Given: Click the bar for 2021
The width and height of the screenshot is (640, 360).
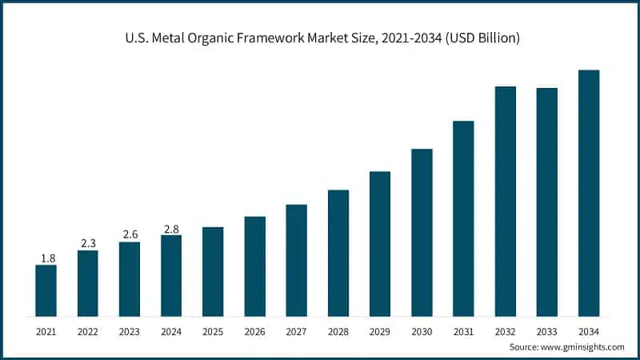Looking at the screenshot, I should [x=46, y=290].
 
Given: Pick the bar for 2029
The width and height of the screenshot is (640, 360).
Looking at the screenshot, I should [x=380, y=243].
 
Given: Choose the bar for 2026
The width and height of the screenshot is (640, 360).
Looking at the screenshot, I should [x=254, y=266].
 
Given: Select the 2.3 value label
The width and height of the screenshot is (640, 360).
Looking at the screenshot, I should [x=87, y=243].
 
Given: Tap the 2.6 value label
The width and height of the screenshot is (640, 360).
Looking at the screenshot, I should [x=130, y=234].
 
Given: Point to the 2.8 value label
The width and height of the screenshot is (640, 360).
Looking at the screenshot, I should [x=171, y=228].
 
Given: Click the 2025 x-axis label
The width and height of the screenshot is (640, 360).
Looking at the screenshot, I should [x=213, y=330].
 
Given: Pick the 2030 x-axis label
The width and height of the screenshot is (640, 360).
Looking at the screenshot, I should [x=422, y=330].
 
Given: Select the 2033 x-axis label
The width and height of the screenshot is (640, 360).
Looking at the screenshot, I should [x=547, y=330].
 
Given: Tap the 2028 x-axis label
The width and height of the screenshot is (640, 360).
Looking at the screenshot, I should [x=338, y=330].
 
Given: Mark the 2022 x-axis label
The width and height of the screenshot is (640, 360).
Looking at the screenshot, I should [x=87, y=330].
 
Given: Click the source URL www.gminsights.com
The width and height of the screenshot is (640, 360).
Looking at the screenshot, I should [x=583, y=347].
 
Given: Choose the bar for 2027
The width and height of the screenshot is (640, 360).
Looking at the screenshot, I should [x=296, y=260].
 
